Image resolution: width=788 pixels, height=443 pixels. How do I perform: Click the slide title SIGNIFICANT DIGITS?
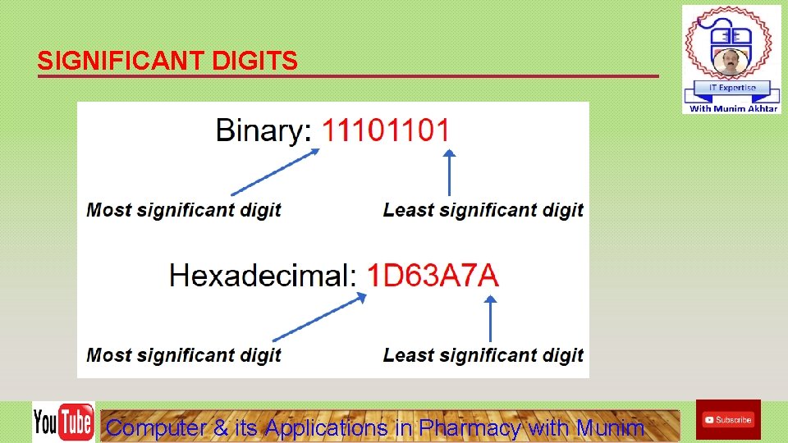coord(167,62)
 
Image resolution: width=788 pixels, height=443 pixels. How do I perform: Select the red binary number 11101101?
coord(385,130)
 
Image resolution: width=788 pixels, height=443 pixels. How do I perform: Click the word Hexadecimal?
coord(262,275)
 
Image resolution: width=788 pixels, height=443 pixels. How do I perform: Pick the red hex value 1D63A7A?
coord(432,275)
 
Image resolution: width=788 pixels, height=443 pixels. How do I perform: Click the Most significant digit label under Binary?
coord(184,210)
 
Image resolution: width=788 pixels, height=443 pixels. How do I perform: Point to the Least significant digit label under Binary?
coord(483,210)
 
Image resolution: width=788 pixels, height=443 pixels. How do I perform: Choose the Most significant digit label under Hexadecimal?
coord(184,355)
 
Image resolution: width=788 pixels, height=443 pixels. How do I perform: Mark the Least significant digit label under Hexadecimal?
coord(483,355)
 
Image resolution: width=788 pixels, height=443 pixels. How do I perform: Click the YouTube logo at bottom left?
coord(63,422)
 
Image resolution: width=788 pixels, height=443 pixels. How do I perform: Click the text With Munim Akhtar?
coord(733,108)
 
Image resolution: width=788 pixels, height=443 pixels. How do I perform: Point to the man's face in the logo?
coord(730,62)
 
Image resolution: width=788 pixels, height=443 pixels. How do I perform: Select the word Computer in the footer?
coord(157,427)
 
